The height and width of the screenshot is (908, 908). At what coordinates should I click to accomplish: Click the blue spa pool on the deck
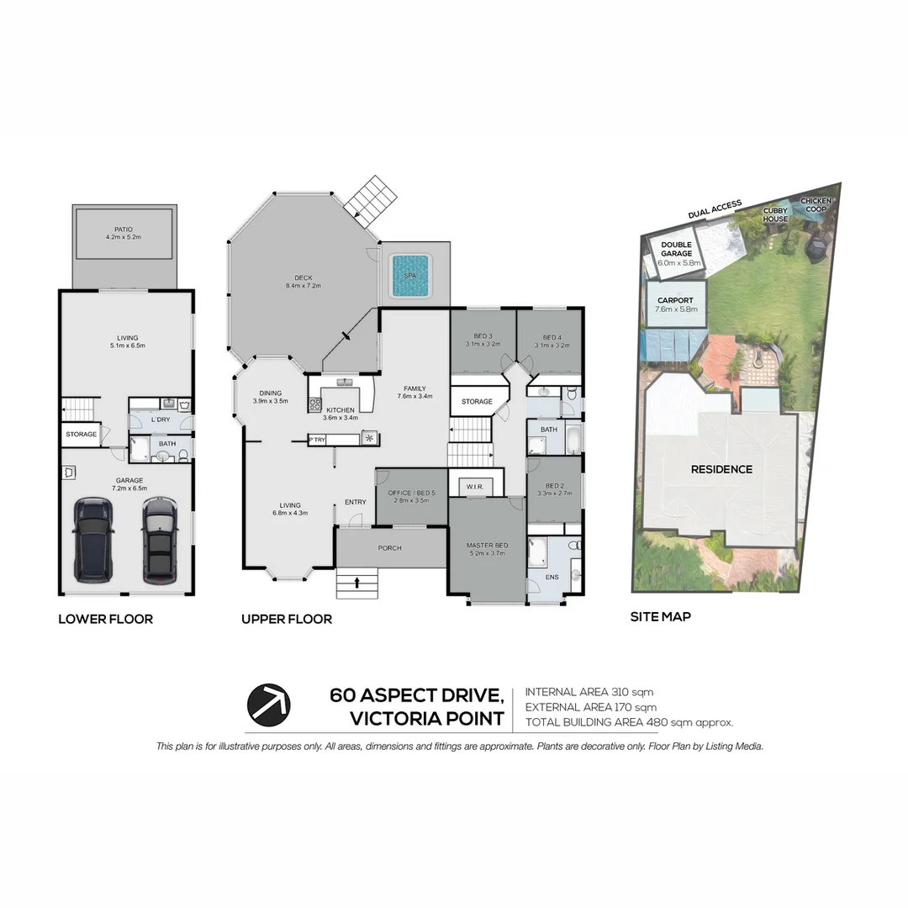pyautogui.click(x=410, y=274)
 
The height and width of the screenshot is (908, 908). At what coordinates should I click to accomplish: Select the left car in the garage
pyautogui.click(x=93, y=538)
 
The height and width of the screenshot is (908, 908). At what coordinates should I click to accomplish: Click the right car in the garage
pyautogui.click(x=159, y=540)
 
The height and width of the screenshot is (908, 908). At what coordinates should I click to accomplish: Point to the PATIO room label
pyautogui.click(x=124, y=230)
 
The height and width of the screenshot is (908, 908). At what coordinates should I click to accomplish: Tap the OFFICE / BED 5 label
pyautogui.click(x=411, y=493)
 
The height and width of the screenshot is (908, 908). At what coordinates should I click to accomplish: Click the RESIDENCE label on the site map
pyautogui.click(x=721, y=469)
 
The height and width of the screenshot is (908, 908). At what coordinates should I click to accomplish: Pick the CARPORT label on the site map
pyautogui.click(x=675, y=300)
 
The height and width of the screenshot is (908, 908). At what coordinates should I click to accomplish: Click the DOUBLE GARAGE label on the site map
pyautogui.click(x=676, y=249)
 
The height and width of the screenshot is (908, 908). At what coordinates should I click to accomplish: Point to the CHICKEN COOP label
pyautogui.click(x=816, y=205)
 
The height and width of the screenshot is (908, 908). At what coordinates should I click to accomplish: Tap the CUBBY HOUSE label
pyautogui.click(x=775, y=215)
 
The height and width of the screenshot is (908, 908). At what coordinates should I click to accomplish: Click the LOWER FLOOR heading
pyautogui.click(x=105, y=620)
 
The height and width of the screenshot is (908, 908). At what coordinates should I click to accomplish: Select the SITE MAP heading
pyautogui.click(x=661, y=616)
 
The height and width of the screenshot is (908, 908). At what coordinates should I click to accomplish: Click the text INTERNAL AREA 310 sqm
pyautogui.click(x=589, y=692)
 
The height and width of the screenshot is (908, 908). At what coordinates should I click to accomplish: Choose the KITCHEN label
pyautogui.click(x=341, y=410)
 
